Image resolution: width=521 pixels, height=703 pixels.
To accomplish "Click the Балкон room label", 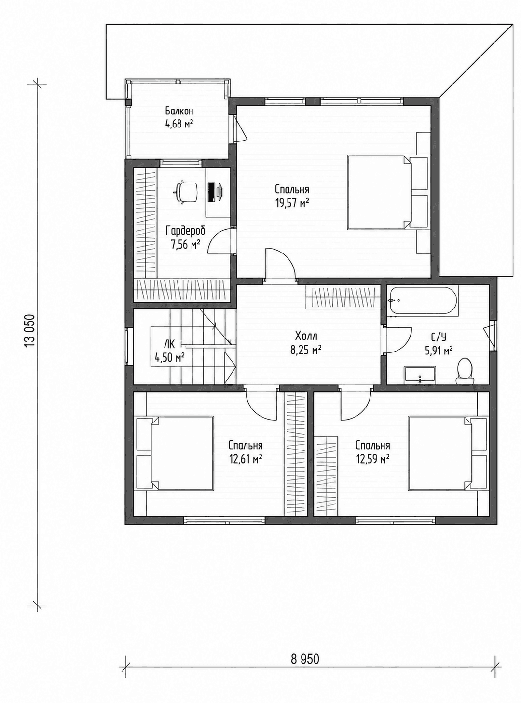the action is (x=179, y=111).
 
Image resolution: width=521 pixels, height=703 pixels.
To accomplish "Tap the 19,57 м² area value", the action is (x=292, y=203).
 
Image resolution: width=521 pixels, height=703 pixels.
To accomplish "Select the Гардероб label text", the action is (x=186, y=231).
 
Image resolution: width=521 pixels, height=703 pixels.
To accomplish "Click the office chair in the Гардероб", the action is (x=186, y=191).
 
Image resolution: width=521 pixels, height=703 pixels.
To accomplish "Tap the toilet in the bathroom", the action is (x=465, y=371).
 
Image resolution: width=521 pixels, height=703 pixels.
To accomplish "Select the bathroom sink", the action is (x=420, y=375).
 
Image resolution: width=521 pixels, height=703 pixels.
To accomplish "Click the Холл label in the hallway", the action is (x=306, y=336).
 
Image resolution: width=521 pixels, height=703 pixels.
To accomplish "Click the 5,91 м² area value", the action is (x=439, y=351).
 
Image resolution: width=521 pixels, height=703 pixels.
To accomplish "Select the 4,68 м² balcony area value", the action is (x=179, y=124).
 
